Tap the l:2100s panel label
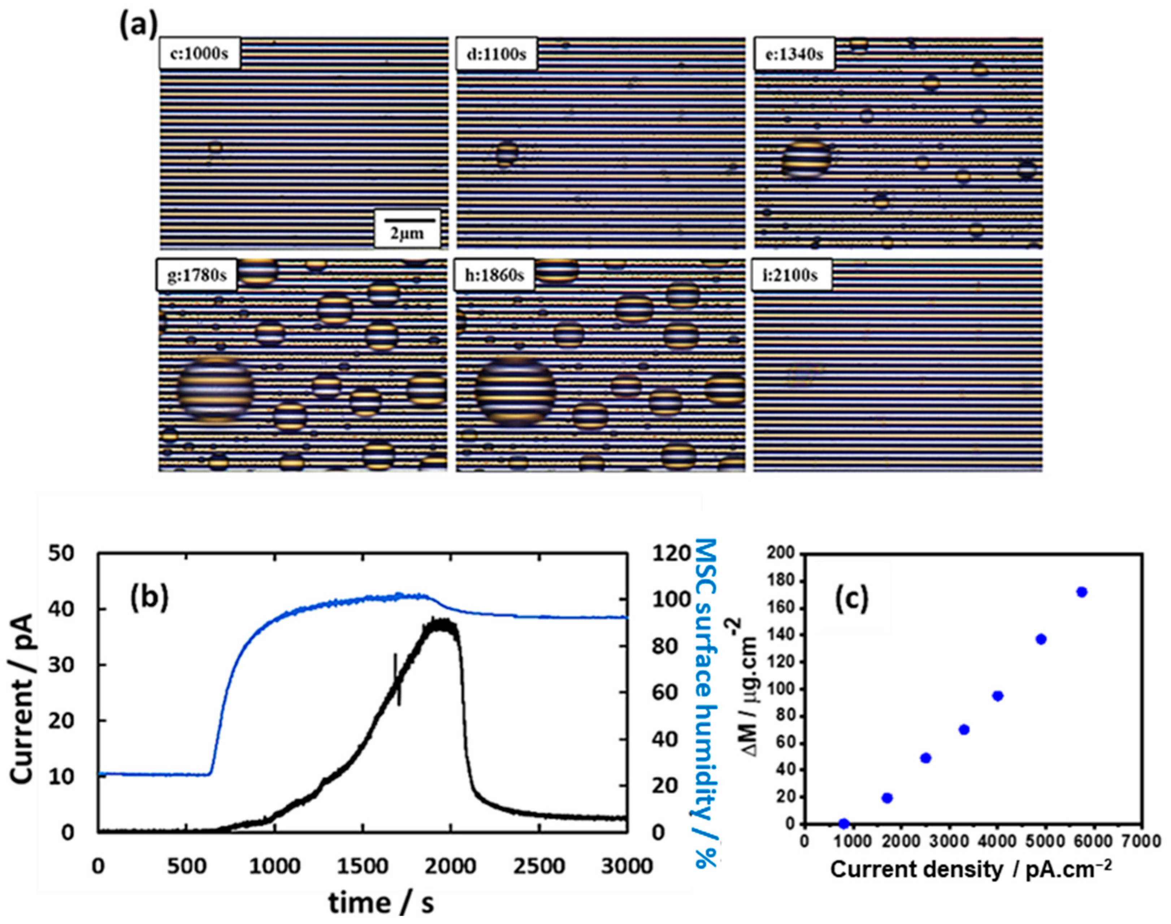point(792,275)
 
